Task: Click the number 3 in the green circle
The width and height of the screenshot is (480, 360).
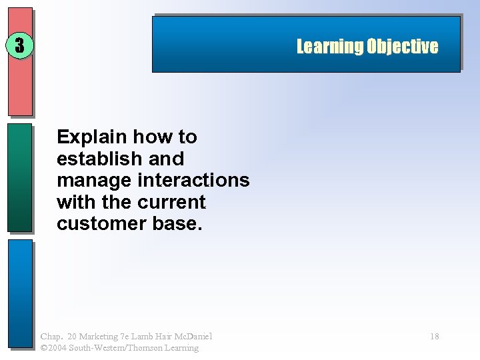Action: [x=19, y=45]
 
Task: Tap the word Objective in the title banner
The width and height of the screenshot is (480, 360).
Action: [x=402, y=47]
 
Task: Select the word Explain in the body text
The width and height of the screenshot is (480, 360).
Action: [x=92, y=137]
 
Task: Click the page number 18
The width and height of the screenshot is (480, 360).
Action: [x=434, y=337]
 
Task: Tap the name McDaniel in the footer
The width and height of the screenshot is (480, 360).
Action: [x=191, y=336]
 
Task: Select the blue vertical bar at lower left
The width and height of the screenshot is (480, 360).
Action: [x=20, y=293]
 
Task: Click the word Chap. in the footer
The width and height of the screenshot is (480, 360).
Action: [x=51, y=336]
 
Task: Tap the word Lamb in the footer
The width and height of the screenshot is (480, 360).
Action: [x=152, y=336]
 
